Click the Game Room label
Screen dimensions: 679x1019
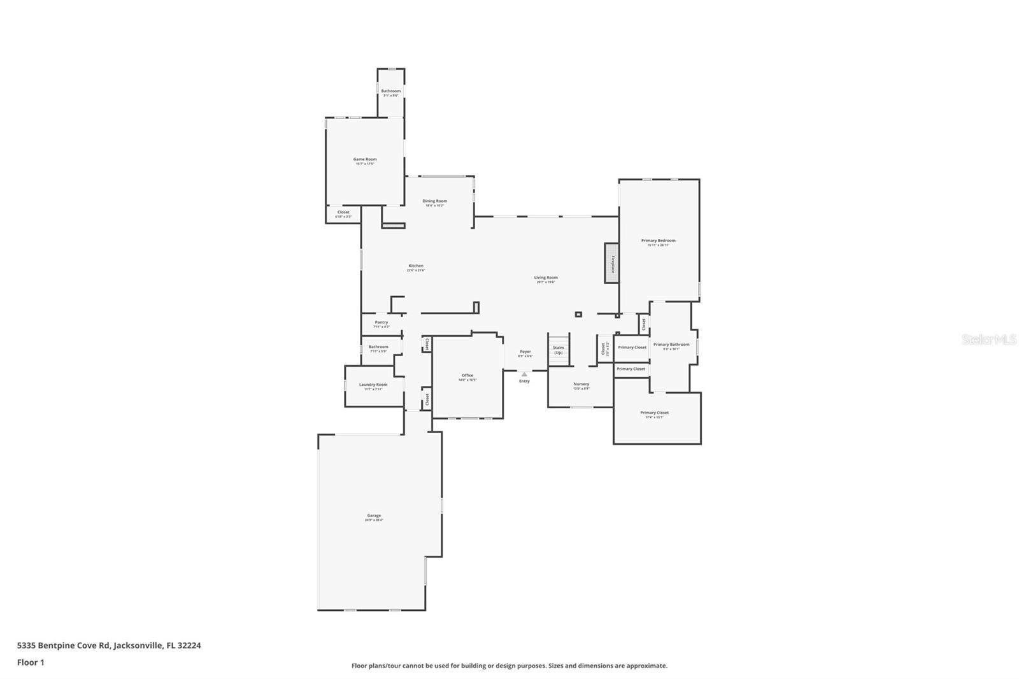tap(365, 160)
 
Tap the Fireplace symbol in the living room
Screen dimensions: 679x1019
tap(611, 262)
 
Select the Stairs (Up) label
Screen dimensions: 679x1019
tap(558, 350)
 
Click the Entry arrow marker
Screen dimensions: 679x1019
tap(524, 375)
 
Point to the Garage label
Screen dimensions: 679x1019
tap(374, 516)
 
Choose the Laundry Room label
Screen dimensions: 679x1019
tap(373, 385)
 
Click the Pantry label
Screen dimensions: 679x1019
tap(381, 323)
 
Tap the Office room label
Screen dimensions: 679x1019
tap(467, 376)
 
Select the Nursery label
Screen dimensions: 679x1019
tap(581, 384)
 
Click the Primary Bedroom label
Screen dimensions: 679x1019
tap(658, 241)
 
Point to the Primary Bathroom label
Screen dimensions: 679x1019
tap(671, 345)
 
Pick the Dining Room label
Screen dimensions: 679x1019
tap(435, 201)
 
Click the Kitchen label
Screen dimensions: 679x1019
tap(416, 266)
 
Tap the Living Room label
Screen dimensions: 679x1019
tap(546, 278)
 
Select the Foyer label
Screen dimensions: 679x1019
tap(525, 352)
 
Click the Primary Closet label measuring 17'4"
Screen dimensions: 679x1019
tap(654, 413)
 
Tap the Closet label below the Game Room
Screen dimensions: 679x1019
tap(343, 213)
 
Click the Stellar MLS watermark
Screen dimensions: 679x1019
tap(988, 339)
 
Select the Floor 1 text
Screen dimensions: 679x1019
tap(31, 662)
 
